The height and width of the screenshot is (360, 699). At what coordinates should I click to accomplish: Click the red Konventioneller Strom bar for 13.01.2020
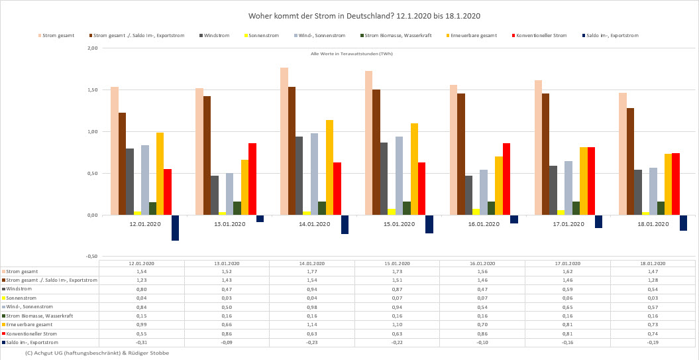pos(252,179)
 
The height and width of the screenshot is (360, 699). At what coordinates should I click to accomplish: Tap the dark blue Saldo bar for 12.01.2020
pos(175,227)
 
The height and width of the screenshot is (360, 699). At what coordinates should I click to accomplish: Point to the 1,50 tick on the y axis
pos(93,90)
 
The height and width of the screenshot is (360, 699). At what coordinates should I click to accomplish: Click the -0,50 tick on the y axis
pos(92,257)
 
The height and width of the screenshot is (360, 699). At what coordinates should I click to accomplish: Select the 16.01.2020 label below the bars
pos(484,224)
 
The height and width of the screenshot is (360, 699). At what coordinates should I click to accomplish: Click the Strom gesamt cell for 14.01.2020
pos(312,272)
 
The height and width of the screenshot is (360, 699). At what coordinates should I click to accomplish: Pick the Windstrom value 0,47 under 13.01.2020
pos(227,289)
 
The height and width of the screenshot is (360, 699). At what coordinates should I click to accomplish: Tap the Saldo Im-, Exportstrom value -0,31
pos(142,342)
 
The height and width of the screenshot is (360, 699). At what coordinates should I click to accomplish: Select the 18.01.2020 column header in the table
pos(653,263)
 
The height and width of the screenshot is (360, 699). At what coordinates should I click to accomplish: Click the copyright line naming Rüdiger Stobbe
pos(97,353)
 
